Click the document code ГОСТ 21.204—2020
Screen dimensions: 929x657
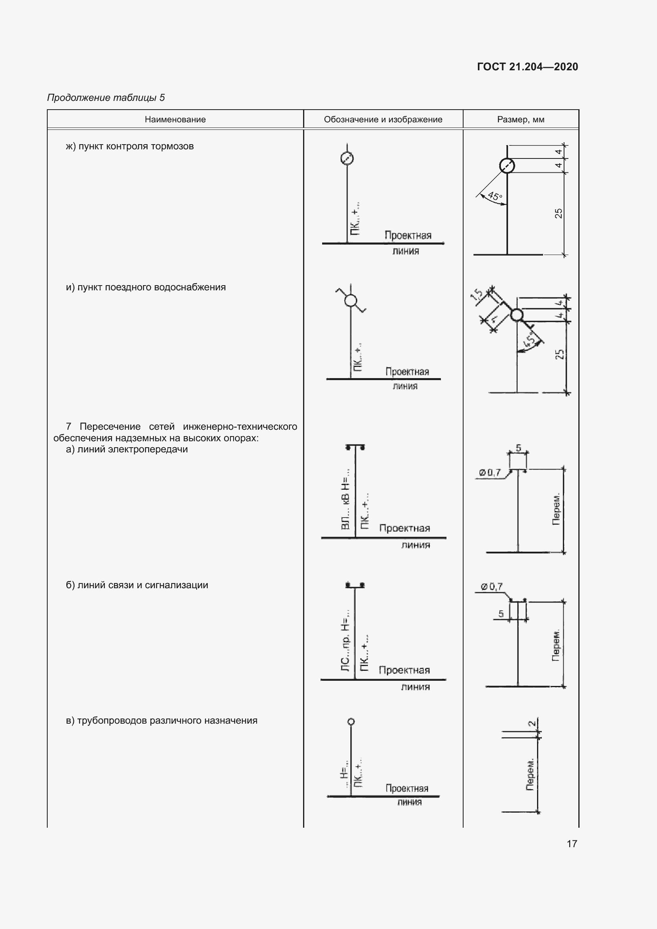527,67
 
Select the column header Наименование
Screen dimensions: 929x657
175,120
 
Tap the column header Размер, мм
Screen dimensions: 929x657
521,120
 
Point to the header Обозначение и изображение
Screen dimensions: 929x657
383,120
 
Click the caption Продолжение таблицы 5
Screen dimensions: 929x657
106,98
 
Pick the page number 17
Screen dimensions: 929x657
572,843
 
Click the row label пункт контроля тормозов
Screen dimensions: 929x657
129,146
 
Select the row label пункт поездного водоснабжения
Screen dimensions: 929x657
146,287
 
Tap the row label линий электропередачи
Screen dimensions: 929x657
127,449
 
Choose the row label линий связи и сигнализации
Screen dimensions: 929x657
137,585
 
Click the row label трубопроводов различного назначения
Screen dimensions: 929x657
161,720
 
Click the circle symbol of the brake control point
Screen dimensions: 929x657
347,158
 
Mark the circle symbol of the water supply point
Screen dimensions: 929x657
351,300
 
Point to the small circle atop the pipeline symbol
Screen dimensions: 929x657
351,721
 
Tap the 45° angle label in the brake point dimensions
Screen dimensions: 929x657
495,196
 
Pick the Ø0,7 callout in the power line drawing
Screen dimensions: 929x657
490,472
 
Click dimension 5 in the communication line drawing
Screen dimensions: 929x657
501,613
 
